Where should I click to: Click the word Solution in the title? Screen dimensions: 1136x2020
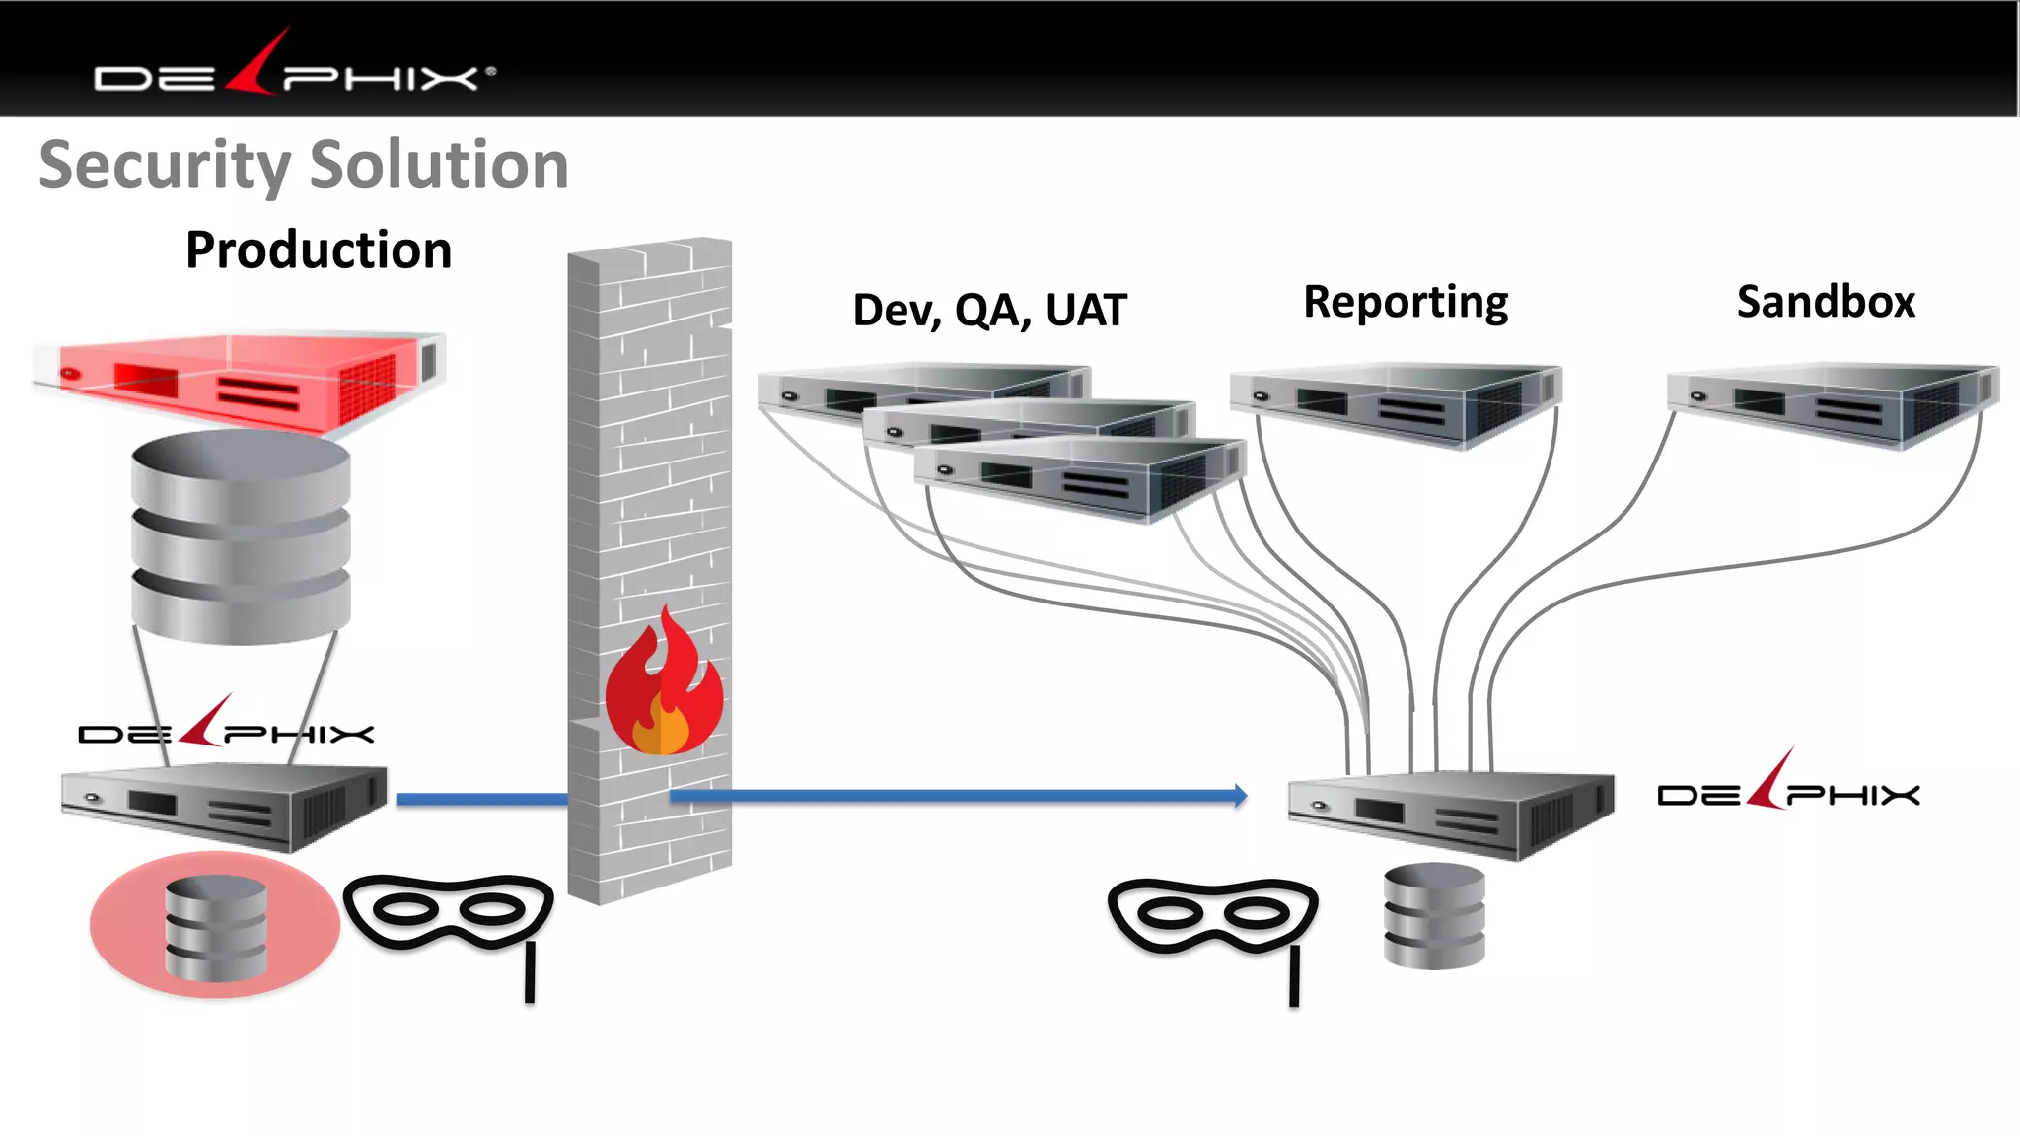[x=439, y=165]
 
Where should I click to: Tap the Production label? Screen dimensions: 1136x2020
[x=319, y=249]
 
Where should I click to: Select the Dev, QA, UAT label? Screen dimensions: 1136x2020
[x=988, y=310]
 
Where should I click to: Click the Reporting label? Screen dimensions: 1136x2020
[x=1406, y=302]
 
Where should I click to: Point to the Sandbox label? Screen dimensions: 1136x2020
[x=1826, y=302]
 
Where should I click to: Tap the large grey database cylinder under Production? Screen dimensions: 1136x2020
[x=241, y=537]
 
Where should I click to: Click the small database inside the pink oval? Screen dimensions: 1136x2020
[x=216, y=927]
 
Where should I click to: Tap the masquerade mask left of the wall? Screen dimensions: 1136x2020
[x=449, y=912]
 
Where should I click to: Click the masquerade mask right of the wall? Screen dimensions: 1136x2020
[x=1213, y=917]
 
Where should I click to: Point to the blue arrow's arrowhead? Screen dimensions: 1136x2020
[x=1239, y=795]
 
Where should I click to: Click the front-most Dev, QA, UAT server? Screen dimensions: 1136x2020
[x=1080, y=478]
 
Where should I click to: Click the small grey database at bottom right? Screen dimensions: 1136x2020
[x=1434, y=917]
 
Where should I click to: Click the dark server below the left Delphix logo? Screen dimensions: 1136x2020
[x=225, y=807]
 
